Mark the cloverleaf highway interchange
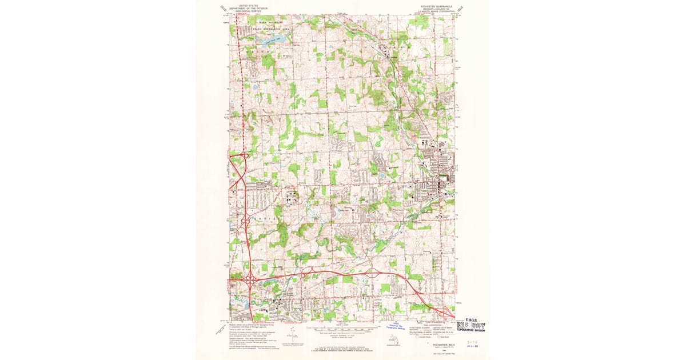click(250, 279)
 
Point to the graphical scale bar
click(342, 330)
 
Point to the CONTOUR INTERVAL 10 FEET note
click(342, 335)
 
